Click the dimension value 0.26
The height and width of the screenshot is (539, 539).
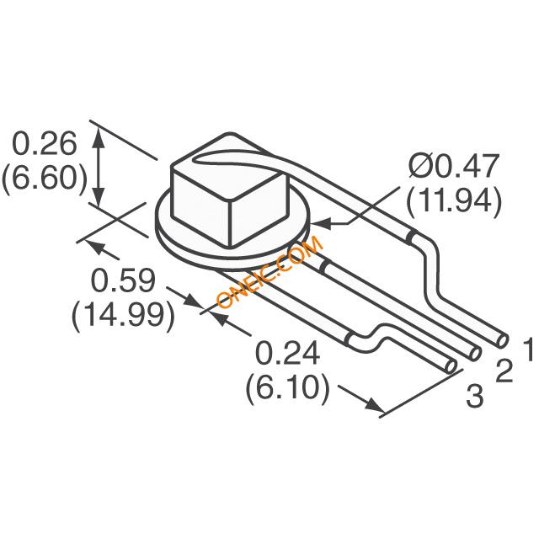pos(45,143)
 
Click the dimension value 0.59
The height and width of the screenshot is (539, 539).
pos(123,280)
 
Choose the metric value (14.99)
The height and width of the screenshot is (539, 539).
pos(123,317)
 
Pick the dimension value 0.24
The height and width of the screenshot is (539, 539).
pos(287,354)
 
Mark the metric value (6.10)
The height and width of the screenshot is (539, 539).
pos(288,389)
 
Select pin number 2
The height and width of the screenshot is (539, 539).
pos(504,371)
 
